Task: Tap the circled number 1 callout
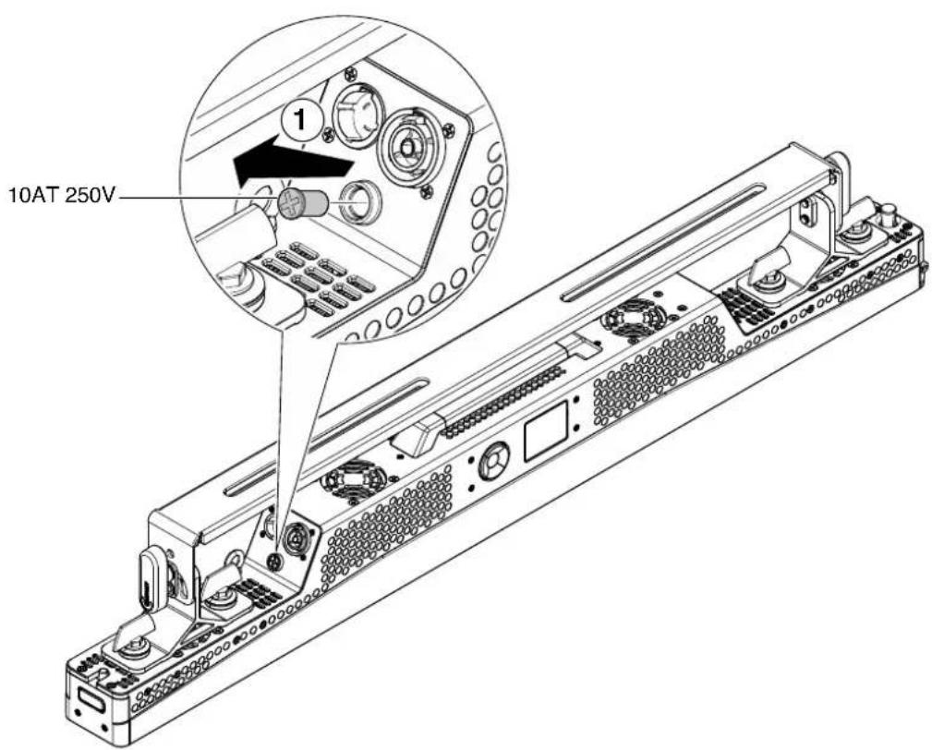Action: click(x=301, y=122)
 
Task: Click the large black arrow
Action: click(x=289, y=161)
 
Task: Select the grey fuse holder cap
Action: click(x=304, y=205)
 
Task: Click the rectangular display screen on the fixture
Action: click(x=546, y=431)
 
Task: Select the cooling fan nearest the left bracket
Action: click(x=353, y=481)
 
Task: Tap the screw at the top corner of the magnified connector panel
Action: click(x=351, y=73)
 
